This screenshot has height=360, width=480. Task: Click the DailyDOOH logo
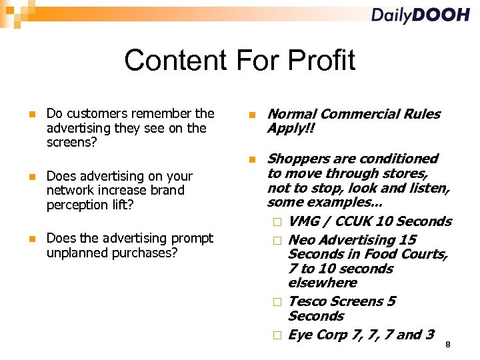pos(420,15)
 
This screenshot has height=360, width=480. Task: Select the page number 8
pos(448,344)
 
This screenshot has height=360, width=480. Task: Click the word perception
pos(75,204)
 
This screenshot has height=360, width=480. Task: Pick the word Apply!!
pos(290,128)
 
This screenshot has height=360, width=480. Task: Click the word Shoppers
pos(298,159)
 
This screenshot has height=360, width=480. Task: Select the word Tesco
pos(307,301)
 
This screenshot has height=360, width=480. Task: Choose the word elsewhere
pos(322,282)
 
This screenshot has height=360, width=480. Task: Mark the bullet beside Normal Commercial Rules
pos(252,114)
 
